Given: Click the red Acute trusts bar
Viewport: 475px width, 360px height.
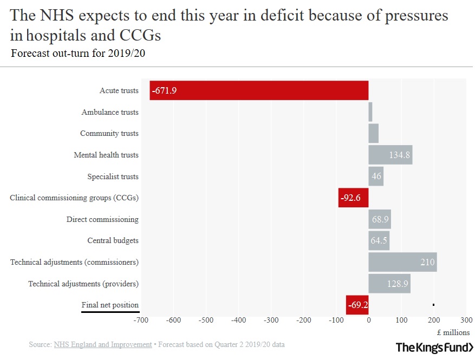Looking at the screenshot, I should pos(259,90).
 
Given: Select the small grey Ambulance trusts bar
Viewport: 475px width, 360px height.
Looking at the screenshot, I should pos(370,112).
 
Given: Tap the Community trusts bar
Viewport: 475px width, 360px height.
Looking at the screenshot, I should pos(374,133).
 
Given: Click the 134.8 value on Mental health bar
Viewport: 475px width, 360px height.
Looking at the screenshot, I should pos(400,155).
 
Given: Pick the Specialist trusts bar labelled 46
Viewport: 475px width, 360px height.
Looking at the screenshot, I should pos(376,176).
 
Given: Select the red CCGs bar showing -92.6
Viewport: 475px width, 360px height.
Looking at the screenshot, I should pos(353,198).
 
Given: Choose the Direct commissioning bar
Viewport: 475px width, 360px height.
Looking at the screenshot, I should pos(380,219).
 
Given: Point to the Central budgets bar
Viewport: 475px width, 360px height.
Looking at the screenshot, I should pos(379,241).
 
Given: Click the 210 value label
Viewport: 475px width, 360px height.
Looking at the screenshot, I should pos(427,263).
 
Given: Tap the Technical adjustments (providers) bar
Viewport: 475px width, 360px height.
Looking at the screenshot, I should pos(389,284).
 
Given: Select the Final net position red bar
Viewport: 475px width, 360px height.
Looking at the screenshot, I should pos(357,305).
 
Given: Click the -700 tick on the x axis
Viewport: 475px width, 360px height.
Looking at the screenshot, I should pos(140,320).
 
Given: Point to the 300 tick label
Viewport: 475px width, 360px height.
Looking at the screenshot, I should pos(466,320).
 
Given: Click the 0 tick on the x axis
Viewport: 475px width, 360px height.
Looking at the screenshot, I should pos(369,320).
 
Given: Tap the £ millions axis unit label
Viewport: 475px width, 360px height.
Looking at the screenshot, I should pos(453,332).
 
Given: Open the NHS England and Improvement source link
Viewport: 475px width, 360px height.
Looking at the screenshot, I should pos(103,344).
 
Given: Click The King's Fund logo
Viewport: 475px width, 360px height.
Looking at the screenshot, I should pos(434,347).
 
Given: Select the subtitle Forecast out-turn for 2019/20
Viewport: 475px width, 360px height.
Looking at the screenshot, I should pos(78,53).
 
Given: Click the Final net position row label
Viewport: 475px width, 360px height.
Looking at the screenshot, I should pos(110,305).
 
